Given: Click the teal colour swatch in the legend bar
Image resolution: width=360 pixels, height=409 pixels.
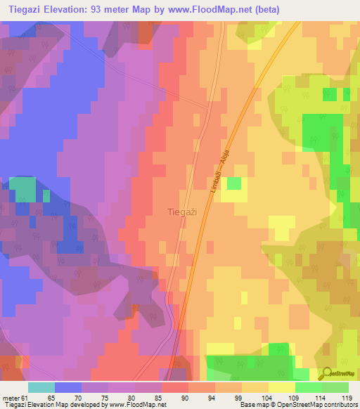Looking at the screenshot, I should (x=41, y=387).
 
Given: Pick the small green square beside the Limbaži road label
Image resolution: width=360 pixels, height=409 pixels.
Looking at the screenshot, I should (x=233, y=183).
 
